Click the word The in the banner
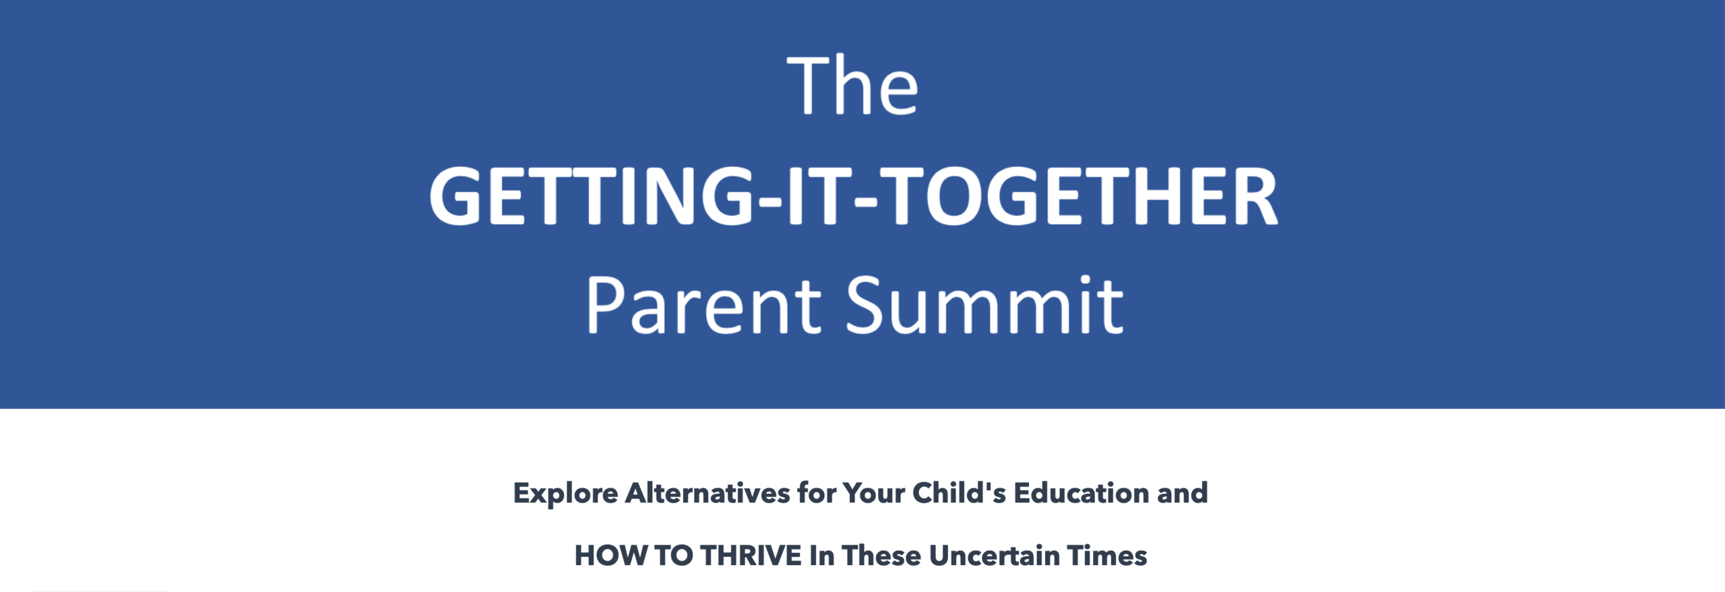852,85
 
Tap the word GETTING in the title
591,196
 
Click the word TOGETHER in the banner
1077,196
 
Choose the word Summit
985,304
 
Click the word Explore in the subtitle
565,494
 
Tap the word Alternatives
707,493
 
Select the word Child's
958,493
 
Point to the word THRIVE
751,556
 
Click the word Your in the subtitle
873,494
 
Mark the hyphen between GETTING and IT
770,200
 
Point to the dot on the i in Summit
1085,279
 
